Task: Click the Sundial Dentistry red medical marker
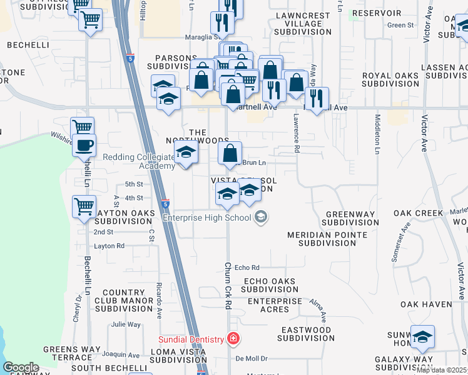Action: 233,339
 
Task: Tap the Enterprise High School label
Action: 206,217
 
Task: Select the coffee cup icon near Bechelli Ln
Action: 84,146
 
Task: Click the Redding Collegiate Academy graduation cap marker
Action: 185,152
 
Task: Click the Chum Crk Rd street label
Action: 228,285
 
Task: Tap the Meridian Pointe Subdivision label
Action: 327,239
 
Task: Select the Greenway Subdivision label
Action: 349,218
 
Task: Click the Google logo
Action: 21,367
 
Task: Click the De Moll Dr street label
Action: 252,359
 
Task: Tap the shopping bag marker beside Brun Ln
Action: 230,153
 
